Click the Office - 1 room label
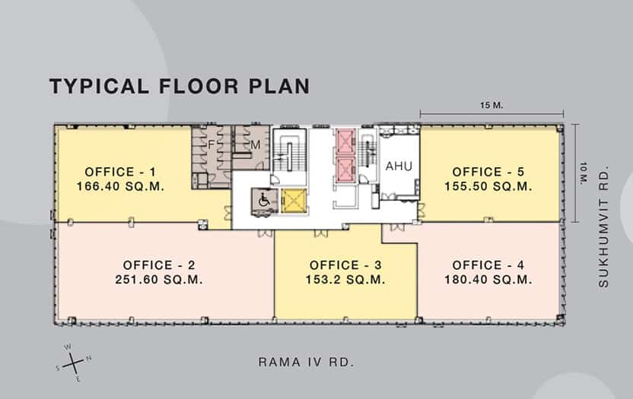tap(120, 172)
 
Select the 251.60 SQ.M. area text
tap(159, 280)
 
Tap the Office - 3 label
tap(345, 265)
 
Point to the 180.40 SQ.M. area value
tap(488, 280)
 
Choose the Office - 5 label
tap(488, 172)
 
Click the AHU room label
tap(399, 166)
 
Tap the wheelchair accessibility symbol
tap(264, 200)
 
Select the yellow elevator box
tap(294, 200)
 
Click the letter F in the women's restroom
tap(211, 144)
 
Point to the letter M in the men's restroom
tap(255, 144)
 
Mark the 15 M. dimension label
tap(491, 106)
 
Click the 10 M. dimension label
tap(584, 173)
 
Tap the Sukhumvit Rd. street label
tap(603, 227)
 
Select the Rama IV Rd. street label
tap(306, 362)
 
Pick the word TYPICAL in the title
tap(99, 87)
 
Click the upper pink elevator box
tap(345, 141)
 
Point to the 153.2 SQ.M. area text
tap(345, 280)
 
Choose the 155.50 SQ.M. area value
tap(488, 186)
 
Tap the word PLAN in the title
tap(279, 87)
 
